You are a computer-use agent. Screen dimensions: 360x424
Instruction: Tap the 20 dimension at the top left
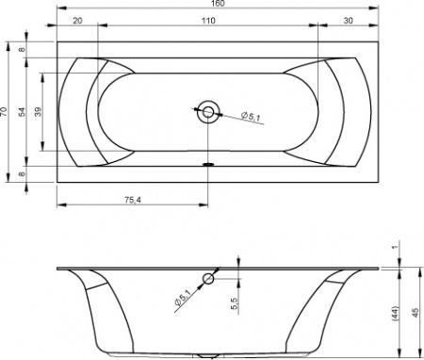pos(76,21)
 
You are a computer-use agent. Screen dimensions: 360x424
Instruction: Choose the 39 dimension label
pos(38,110)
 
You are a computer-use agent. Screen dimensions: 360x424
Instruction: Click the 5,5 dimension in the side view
pos(233,305)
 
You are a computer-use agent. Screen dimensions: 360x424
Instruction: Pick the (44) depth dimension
pos(397,312)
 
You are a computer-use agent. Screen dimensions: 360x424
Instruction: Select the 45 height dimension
pos(416,312)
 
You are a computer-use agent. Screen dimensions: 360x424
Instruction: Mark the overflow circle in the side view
pos(208,279)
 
